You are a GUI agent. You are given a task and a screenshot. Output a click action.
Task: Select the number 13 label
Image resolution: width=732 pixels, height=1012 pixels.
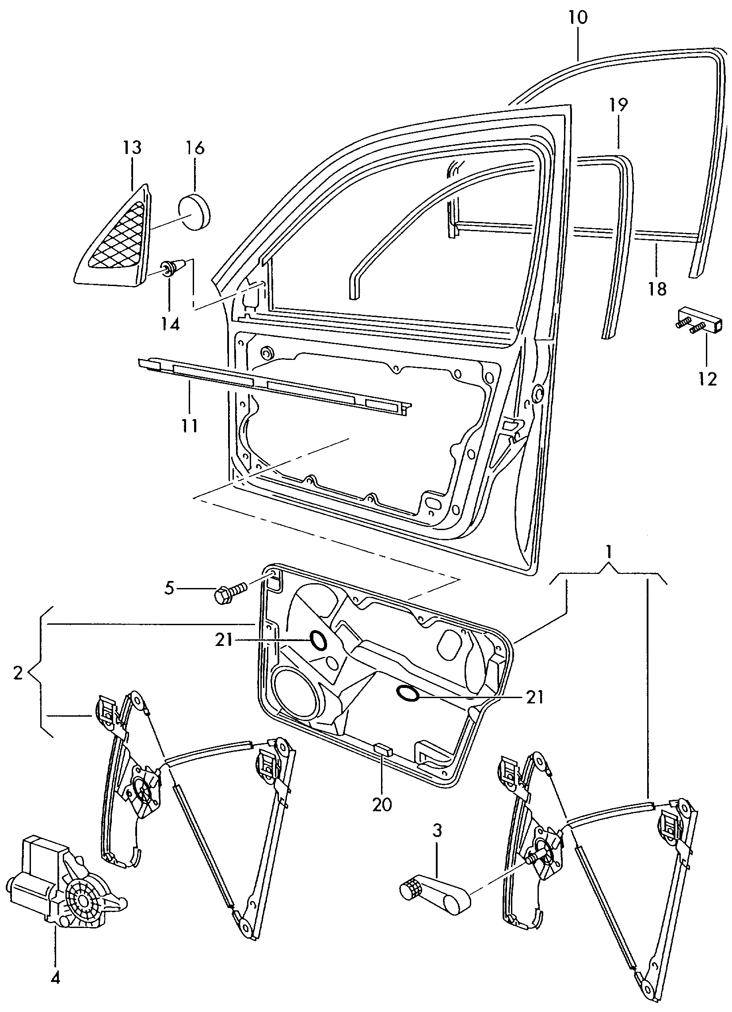click(x=132, y=147)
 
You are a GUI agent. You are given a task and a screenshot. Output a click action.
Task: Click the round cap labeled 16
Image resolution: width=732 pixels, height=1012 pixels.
click(x=194, y=211)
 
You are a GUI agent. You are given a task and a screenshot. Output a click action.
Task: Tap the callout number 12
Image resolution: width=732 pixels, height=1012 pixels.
click(x=707, y=379)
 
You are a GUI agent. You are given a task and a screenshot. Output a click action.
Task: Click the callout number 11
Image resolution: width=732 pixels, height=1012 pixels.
click(x=189, y=426)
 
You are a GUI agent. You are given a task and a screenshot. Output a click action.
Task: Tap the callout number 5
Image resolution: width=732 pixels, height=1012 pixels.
click(x=169, y=588)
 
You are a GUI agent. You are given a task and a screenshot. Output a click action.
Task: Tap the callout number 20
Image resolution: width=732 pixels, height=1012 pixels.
click(x=382, y=804)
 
